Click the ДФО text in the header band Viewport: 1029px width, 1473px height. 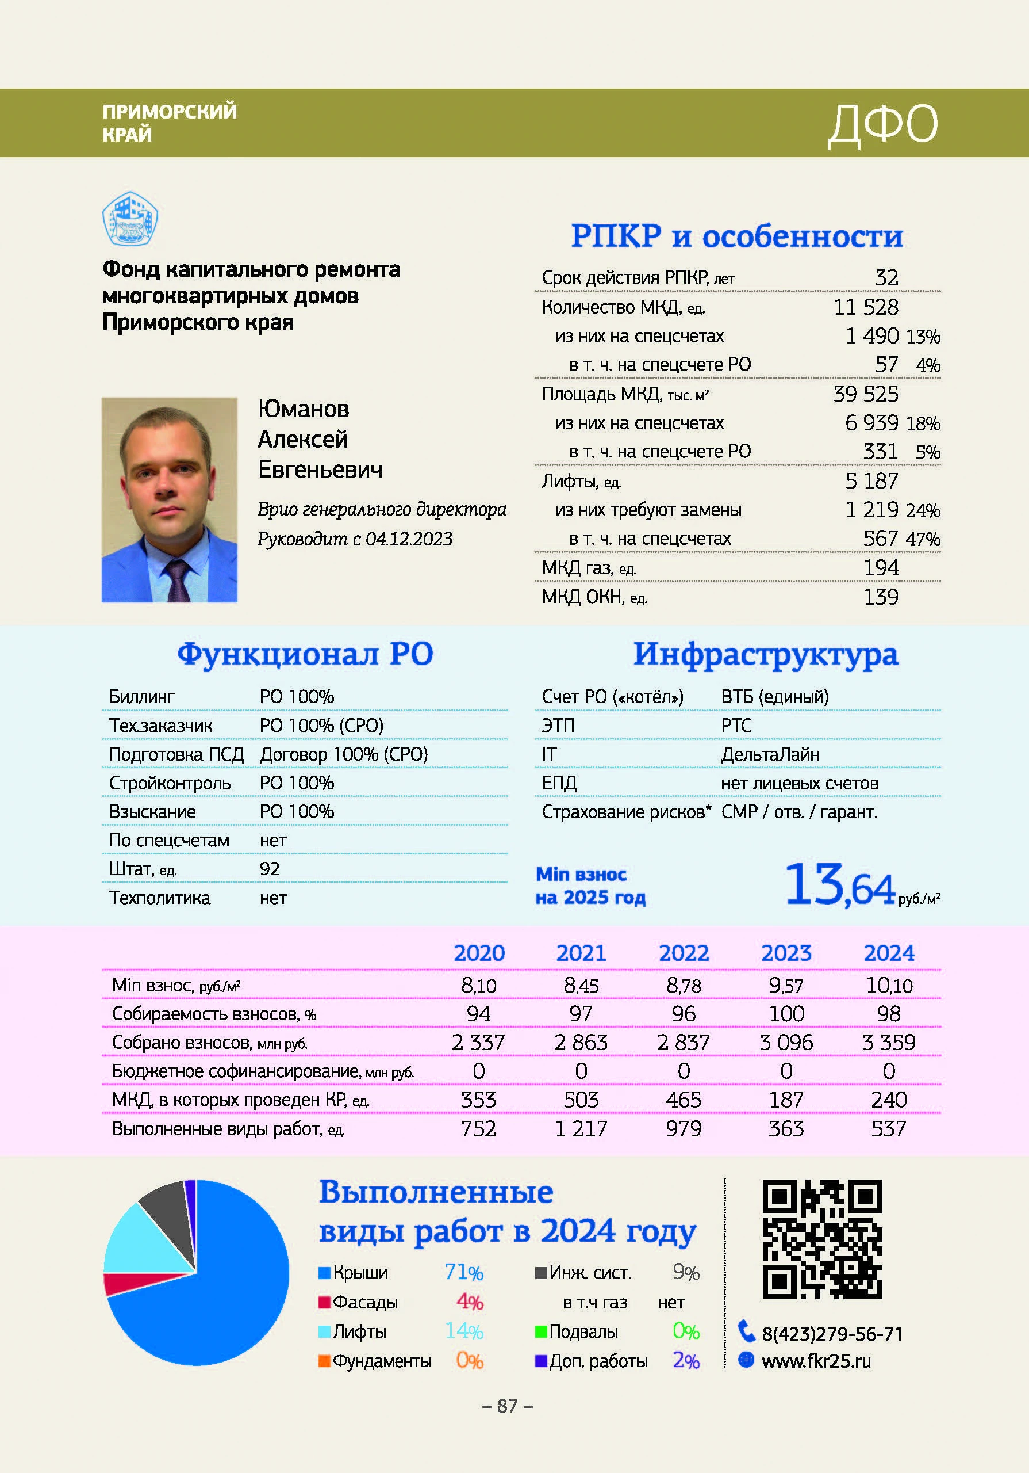[883, 124]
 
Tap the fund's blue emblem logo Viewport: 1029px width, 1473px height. [130, 219]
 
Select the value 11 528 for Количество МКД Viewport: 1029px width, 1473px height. [866, 307]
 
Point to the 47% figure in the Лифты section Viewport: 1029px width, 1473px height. [923, 540]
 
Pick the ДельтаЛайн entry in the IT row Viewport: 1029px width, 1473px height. [770, 754]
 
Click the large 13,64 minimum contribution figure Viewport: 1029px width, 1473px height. [839, 886]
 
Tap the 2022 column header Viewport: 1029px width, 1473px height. [684, 953]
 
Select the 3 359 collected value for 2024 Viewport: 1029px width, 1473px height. [888, 1043]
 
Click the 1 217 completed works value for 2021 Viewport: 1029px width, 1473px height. [581, 1128]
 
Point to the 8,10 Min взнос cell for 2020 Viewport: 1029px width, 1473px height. [478, 986]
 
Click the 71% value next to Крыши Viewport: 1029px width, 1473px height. [463, 1272]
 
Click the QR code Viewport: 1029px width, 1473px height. [822, 1239]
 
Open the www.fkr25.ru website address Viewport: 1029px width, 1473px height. [816, 1361]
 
